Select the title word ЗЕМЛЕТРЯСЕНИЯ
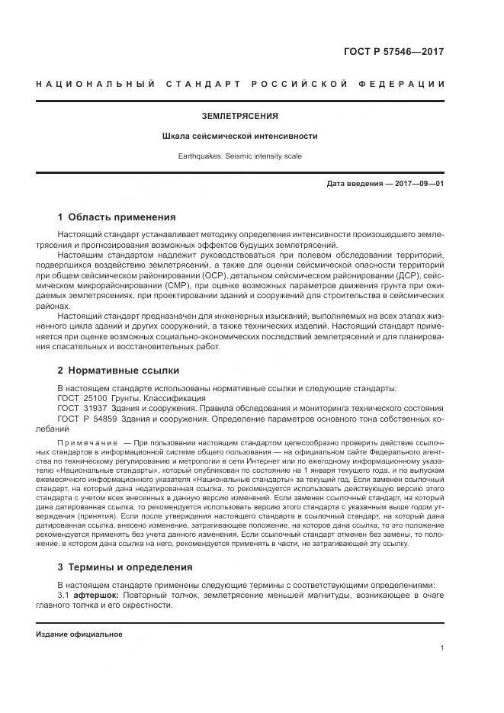pos(239,116)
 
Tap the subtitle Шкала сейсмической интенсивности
pos(239,136)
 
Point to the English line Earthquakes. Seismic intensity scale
pos(239,156)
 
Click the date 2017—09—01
pos(419,184)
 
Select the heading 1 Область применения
pos(117,217)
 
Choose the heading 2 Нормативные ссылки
pos(118,371)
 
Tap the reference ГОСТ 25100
pos(79,398)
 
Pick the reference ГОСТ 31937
pos(79,408)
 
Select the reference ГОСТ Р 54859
pos(84,419)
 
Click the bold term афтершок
pos(97,594)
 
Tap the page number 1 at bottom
pos(442,648)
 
